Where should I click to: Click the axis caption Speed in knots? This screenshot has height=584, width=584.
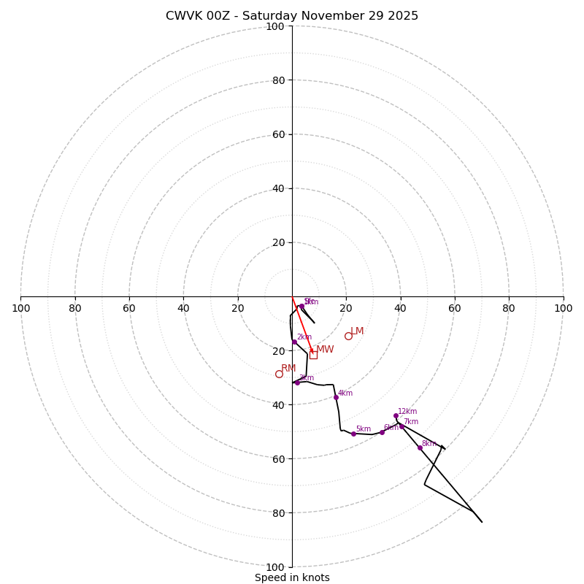pyautogui.click(x=292, y=577)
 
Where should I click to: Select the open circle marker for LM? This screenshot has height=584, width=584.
pyautogui.click(x=348, y=336)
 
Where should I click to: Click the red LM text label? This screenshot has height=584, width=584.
pyautogui.click(x=357, y=331)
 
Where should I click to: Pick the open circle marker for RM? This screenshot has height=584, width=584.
pyautogui.click(x=279, y=374)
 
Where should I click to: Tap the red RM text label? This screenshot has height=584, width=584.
pyautogui.click(x=288, y=369)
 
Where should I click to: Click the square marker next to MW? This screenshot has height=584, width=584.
pyautogui.click(x=313, y=355)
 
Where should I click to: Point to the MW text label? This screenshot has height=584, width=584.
pyautogui.click(x=325, y=350)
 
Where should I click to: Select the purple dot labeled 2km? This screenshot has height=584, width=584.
pyautogui.click(x=294, y=342)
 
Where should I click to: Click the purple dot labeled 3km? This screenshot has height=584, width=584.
pyautogui.click(x=297, y=383)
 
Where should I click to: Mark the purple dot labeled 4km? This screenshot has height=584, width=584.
pyautogui.click(x=336, y=397)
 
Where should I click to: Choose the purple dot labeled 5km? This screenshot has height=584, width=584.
pyautogui.click(x=353, y=434)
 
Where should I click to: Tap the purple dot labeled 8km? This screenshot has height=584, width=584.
pyautogui.click(x=420, y=447)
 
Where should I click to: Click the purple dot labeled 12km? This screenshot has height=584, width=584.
pyautogui.click(x=396, y=415)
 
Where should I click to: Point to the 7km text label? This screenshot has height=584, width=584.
pyautogui.click(x=411, y=422)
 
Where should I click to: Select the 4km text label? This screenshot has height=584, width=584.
pyautogui.click(x=345, y=393)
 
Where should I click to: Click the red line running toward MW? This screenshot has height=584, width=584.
pyautogui.click(x=301, y=323)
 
